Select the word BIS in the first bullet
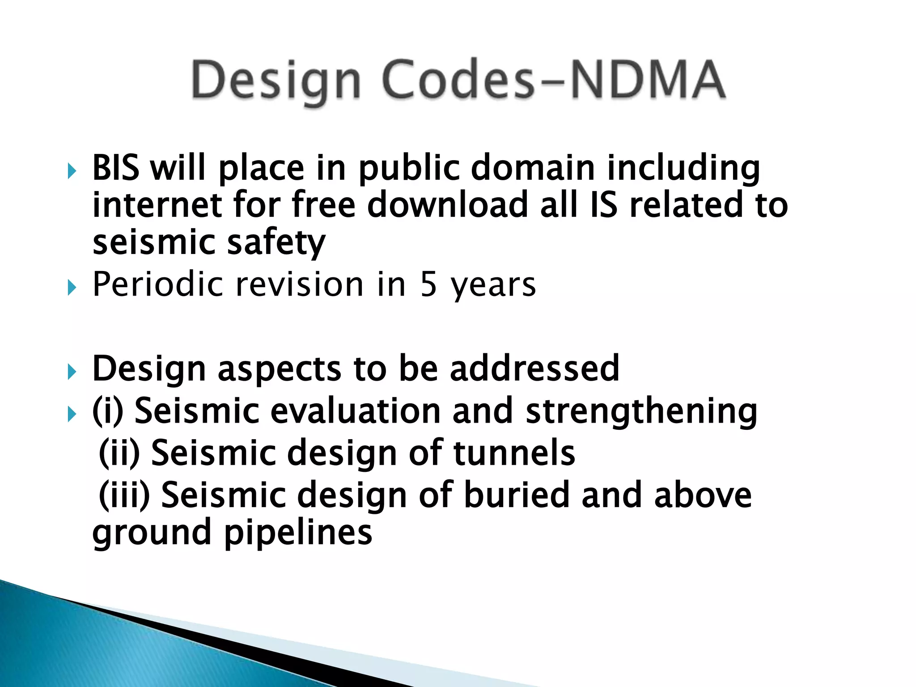116,168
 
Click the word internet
157,205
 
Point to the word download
448,205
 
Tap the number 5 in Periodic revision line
428,284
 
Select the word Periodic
157,284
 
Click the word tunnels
514,453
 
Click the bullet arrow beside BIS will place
72,171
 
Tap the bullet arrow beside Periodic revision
72,287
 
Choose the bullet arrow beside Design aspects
72,371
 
